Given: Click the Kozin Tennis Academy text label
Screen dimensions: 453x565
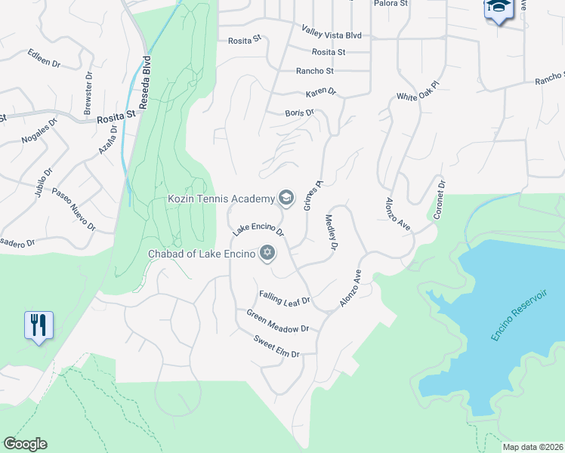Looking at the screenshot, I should pyautogui.click(x=220, y=199).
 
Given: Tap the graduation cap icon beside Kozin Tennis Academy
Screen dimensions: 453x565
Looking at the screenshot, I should pyautogui.click(x=286, y=198).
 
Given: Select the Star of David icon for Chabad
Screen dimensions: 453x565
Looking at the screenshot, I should pyautogui.click(x=266, y=253).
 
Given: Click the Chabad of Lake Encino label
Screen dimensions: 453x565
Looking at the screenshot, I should pyautogui.click(x=201, y=254).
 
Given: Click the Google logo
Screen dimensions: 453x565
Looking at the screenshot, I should pyautogui.click(x=25, y=444).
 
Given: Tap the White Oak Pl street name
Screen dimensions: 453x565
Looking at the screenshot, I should pyautogui.click(x=418, y=97).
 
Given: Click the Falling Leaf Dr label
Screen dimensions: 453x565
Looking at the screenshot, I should pyautogui.click(x=285, y=297).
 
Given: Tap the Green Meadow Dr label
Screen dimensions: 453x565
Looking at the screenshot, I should pyautogui.click(x=278, y=321).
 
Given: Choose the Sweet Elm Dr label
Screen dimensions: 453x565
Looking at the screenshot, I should pyautogui.click(x=276, y=347).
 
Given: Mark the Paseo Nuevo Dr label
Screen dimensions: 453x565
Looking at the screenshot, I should pyautogui.click(x=74, y=208).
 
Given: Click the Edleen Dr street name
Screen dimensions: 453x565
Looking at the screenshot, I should pyautogui.click(x=44, y=59).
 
